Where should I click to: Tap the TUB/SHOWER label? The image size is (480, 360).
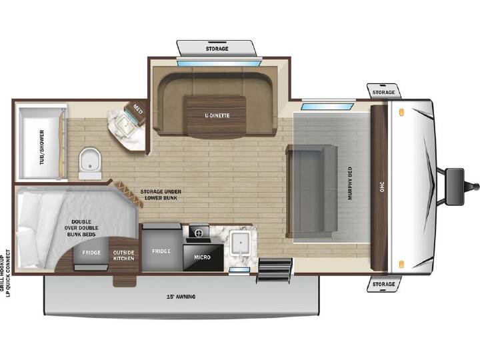pyautogui.click(x=42, y=147)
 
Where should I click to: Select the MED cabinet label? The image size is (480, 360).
pyautogui.click(x=137, y=109)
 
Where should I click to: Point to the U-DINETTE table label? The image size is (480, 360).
pyautogui.click(x=217, y=115)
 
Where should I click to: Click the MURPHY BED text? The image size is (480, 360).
pyautogui.click(x=350, y=183)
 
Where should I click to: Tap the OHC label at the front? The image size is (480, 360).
pyautogui.click(x=381, y=187)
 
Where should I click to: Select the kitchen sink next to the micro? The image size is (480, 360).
pyautogui.click(x=240, y=243)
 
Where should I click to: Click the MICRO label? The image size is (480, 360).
pyautogui.click(x=202, y=257)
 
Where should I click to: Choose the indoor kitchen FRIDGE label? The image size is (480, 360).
pyautogui.click(x=161, y=251)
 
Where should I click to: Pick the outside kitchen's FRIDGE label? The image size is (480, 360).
pyautogui.click(x=91, y=253)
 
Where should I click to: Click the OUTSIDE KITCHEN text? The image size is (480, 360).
pyautogui.click(x=124, y=255)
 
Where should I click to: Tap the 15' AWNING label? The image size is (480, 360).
pyautogui.click(x=181, y=297)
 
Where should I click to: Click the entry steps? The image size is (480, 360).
pyautogui.click(x=274, y=270)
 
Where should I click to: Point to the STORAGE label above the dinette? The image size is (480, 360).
pyautogui.click(x=217, y=49)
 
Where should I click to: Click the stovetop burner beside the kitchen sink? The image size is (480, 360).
pyautogui.click(x=199, y=233)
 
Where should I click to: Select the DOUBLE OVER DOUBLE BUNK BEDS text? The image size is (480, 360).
pyautogui.click(x=81, y=228)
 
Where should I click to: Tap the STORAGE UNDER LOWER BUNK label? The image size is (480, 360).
pyautogui.click(x=161, y=195)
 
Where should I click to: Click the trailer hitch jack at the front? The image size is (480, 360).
pyautogui.click(x=455, y=187)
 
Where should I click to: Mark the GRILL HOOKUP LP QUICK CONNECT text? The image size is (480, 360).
pyautogui.click(x=5, y=273)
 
